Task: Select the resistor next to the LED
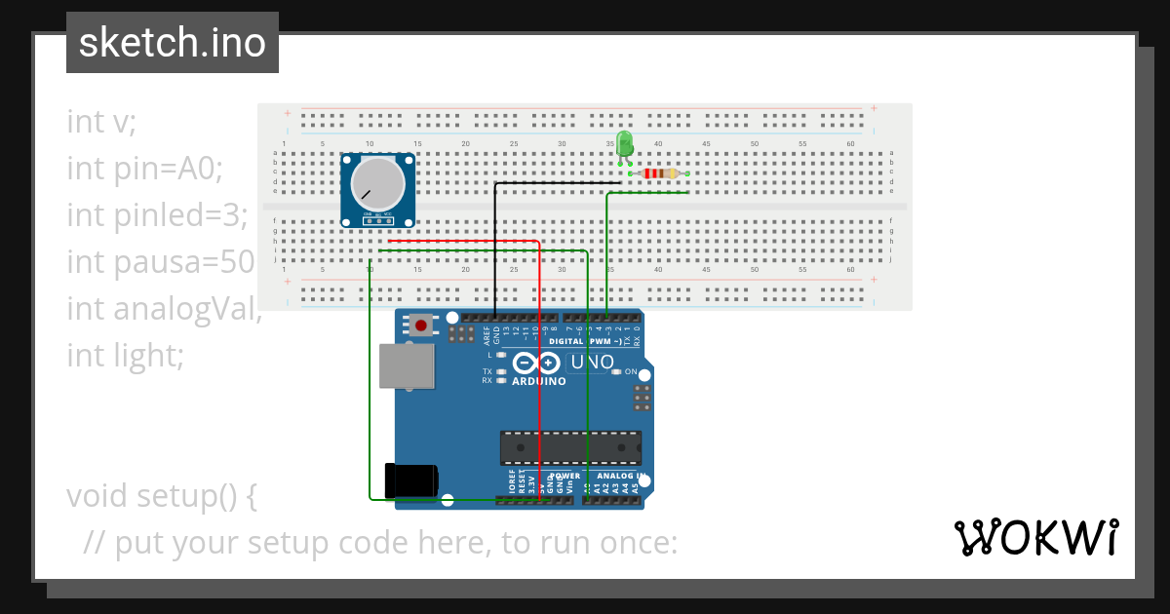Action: [x=660, y=173]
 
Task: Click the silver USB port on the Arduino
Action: [x=408, y=365]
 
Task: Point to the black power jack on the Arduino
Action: [x=410, y=481]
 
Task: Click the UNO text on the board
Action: [x=592, y=363]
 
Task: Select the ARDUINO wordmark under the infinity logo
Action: [x=538, y=381]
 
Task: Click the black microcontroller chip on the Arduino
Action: [x=570, y=447]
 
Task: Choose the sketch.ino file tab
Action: [x=173, y=43]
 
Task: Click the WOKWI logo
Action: [x=1035, y=537]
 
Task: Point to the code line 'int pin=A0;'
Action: [x=145, y=169]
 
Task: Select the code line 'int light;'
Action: [x=125, y=356]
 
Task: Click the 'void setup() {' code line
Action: [x=162, y=496]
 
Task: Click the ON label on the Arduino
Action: [x=631, y=372]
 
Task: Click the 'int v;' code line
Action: [x=102, y=122]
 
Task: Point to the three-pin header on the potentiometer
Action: [x=377, y=220]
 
